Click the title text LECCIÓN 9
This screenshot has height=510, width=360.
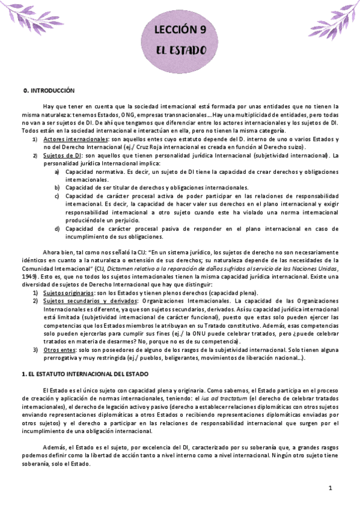pyautogui.click(x=180, y=28)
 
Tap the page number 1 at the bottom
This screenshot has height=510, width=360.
pyautogui.click(x=331, y=488)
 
